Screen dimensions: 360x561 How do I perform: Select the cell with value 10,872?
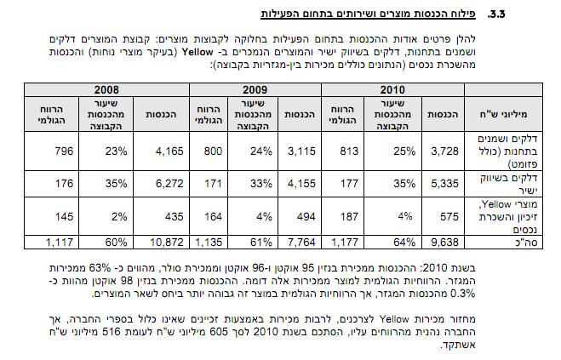click(x=165, y=243)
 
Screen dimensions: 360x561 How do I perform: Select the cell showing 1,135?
click(x=209, y=243)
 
